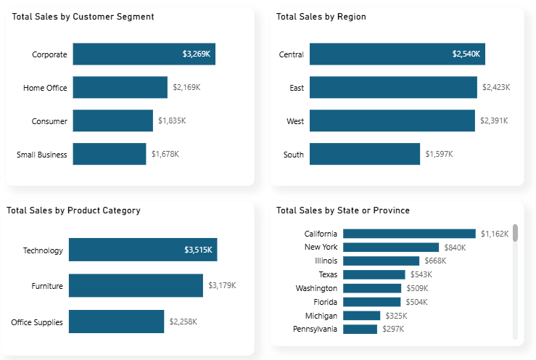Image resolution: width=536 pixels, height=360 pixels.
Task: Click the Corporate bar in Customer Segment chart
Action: tap(144, 54)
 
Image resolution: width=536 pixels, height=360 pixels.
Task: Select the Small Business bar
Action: tap(109, 154)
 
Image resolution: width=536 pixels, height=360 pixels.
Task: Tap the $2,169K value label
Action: tap(186, 88)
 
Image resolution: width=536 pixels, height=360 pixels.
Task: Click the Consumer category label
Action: tap(49, 121)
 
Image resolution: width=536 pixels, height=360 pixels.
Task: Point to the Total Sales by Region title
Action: tap(321, 17)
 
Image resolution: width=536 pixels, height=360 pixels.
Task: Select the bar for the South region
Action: tap(365, 154)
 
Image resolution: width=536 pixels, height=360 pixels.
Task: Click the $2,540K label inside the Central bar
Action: tap(466, 54)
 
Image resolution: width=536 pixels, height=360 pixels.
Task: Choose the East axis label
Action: tap(297, 88)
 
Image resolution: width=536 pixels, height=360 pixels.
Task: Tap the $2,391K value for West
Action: tap(493, 121)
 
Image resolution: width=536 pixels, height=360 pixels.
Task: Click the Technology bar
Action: tap(143, 250)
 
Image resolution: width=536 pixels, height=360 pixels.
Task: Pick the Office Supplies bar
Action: tap(116, 322)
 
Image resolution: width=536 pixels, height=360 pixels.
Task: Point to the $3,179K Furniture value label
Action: tap(222, 286)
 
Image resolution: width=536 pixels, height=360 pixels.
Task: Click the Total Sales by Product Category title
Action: tap(73, 210)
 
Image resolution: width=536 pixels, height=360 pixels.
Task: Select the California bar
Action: tap(409, 234)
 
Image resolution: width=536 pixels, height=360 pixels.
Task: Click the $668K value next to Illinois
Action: tap(435, 261)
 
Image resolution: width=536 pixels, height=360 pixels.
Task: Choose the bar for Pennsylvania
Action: tap(360, 330)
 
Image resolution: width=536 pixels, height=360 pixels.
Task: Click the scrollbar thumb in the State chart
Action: tap(516, 233)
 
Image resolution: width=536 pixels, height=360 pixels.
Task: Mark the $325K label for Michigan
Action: tap(396, 316)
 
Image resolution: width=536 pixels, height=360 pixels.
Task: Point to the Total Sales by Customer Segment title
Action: tap(83, 17)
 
